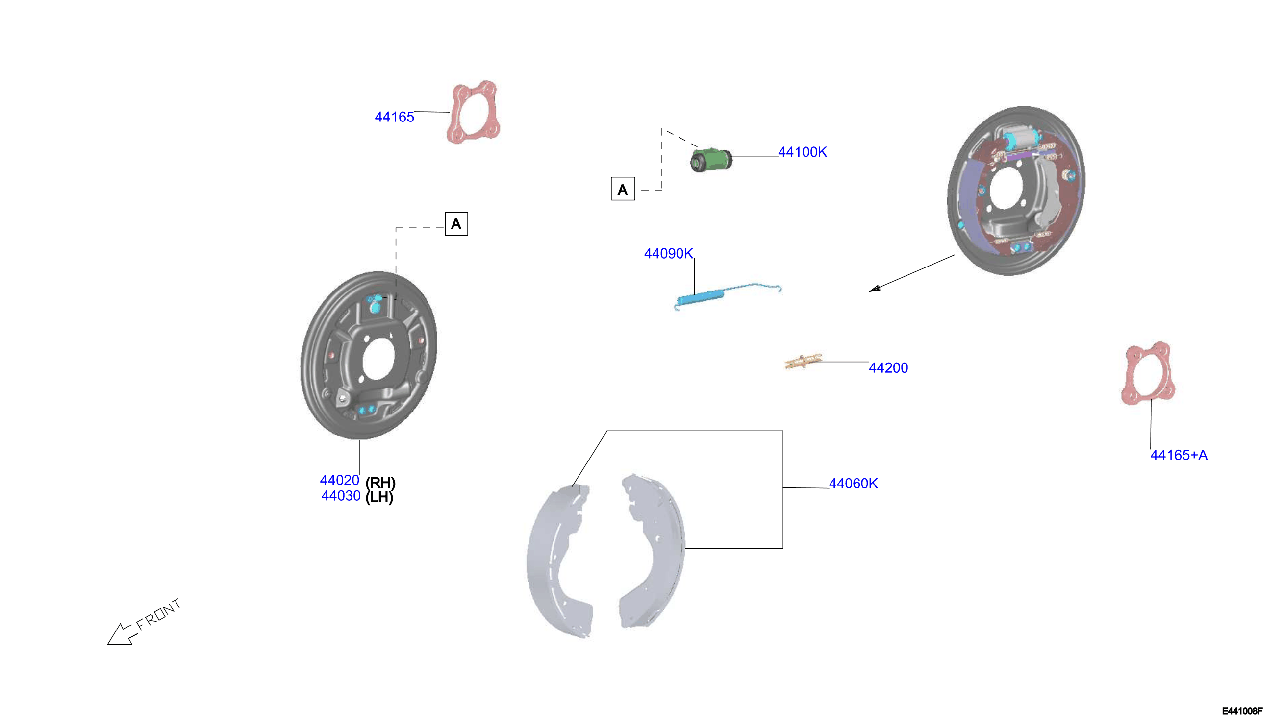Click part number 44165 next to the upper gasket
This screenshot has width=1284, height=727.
pos(394,117)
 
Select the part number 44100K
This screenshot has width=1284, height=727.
pos(803,152)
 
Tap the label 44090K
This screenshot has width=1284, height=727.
pos(669,254)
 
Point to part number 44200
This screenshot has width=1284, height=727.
pos(888,368)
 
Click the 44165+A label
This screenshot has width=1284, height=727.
pos(1179,455)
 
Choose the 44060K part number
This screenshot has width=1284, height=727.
pos(854,484)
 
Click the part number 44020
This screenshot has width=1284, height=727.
pos(340,480)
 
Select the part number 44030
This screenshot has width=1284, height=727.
pos(341,496)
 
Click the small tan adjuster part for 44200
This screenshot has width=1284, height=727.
pos(803,362)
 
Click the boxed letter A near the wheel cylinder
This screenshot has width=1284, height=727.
pos(623,189)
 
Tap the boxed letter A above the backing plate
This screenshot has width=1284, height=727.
pos(456,224)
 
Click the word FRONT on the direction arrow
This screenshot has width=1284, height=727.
pos(158,615)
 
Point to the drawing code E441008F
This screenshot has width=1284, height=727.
pos(1242,711)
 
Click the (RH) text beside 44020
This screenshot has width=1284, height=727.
pos(380,483)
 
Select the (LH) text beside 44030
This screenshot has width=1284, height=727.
pos(379,497)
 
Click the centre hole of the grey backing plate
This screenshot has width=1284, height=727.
pos(378,359)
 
